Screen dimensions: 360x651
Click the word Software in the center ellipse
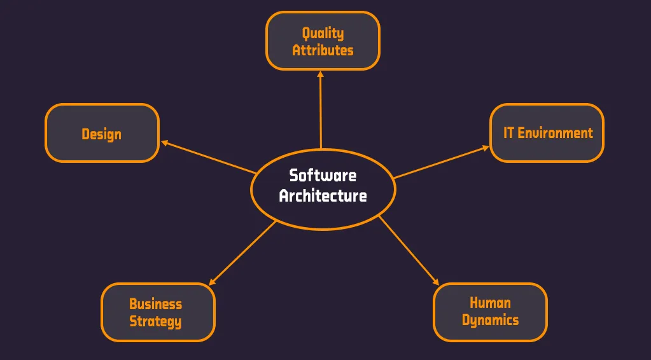323,175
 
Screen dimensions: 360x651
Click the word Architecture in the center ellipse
323,195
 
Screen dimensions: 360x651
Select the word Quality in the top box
323,33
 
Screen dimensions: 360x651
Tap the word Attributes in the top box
323,50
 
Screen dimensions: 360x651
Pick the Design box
102,134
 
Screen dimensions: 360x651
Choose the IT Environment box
547,133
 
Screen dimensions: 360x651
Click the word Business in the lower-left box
156,304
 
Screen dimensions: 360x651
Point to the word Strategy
156,321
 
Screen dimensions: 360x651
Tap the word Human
490,303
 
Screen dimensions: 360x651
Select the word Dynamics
490,320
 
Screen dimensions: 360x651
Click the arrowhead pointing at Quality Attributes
320,74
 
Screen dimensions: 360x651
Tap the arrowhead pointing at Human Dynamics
436,282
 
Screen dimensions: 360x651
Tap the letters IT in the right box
508,133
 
